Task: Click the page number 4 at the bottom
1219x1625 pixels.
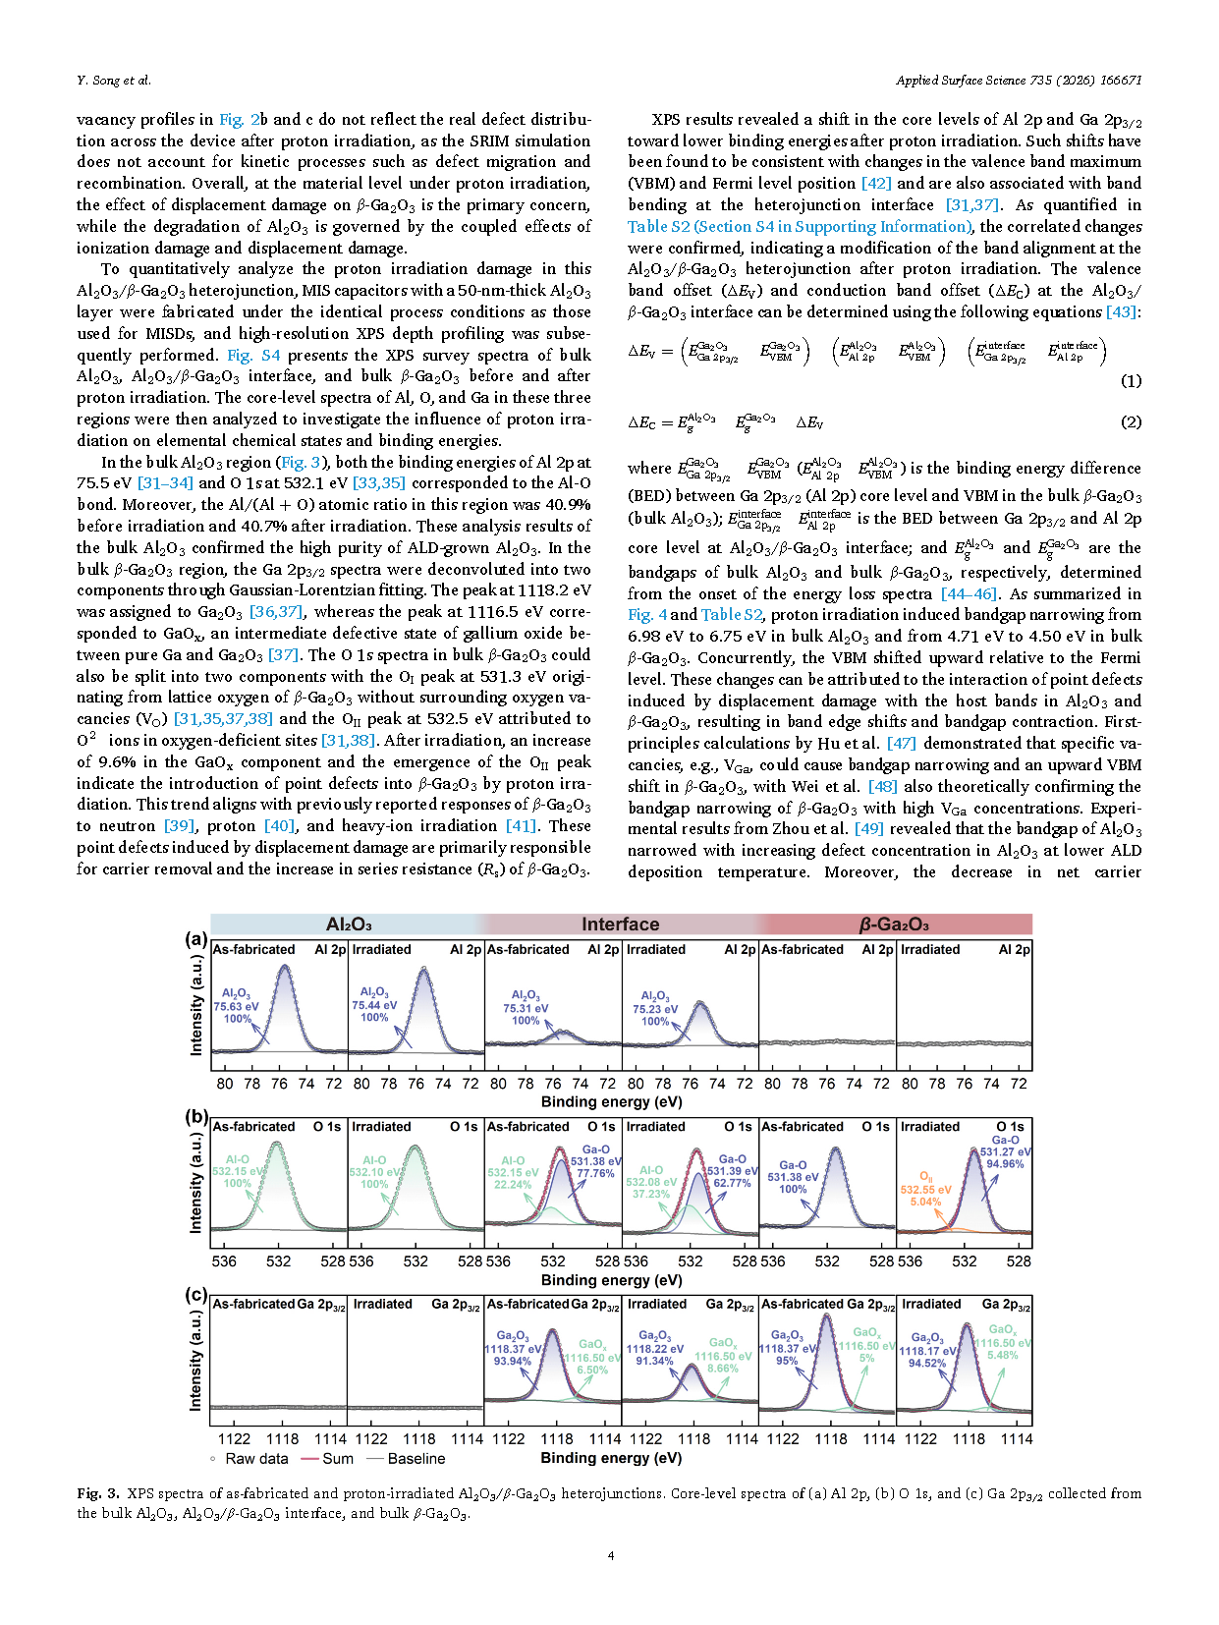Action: coord(611,1555)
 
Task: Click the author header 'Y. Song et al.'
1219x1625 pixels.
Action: coord(114,81)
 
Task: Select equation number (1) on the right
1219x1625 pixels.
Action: coord(1131,381)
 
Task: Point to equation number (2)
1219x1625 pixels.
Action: coord(1131,422)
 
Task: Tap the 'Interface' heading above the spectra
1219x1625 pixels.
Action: coord(620,925)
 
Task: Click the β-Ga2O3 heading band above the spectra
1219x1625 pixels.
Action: coord(894,925)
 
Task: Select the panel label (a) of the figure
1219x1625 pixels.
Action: coord(196,939)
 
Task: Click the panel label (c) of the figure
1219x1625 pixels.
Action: coord(196,1295)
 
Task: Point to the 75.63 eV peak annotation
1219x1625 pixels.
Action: coord(237,1006)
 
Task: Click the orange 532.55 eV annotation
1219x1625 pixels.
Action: coord(925,1190)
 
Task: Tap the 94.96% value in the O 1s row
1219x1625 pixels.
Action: coord(1005,1164)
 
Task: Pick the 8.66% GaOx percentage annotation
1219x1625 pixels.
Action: coord(722,1368)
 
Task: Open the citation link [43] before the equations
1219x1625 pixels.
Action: coord(1122,312)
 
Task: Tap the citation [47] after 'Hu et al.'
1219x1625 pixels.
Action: coord(901,744)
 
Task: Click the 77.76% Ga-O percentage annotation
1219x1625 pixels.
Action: coord(595,1173)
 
